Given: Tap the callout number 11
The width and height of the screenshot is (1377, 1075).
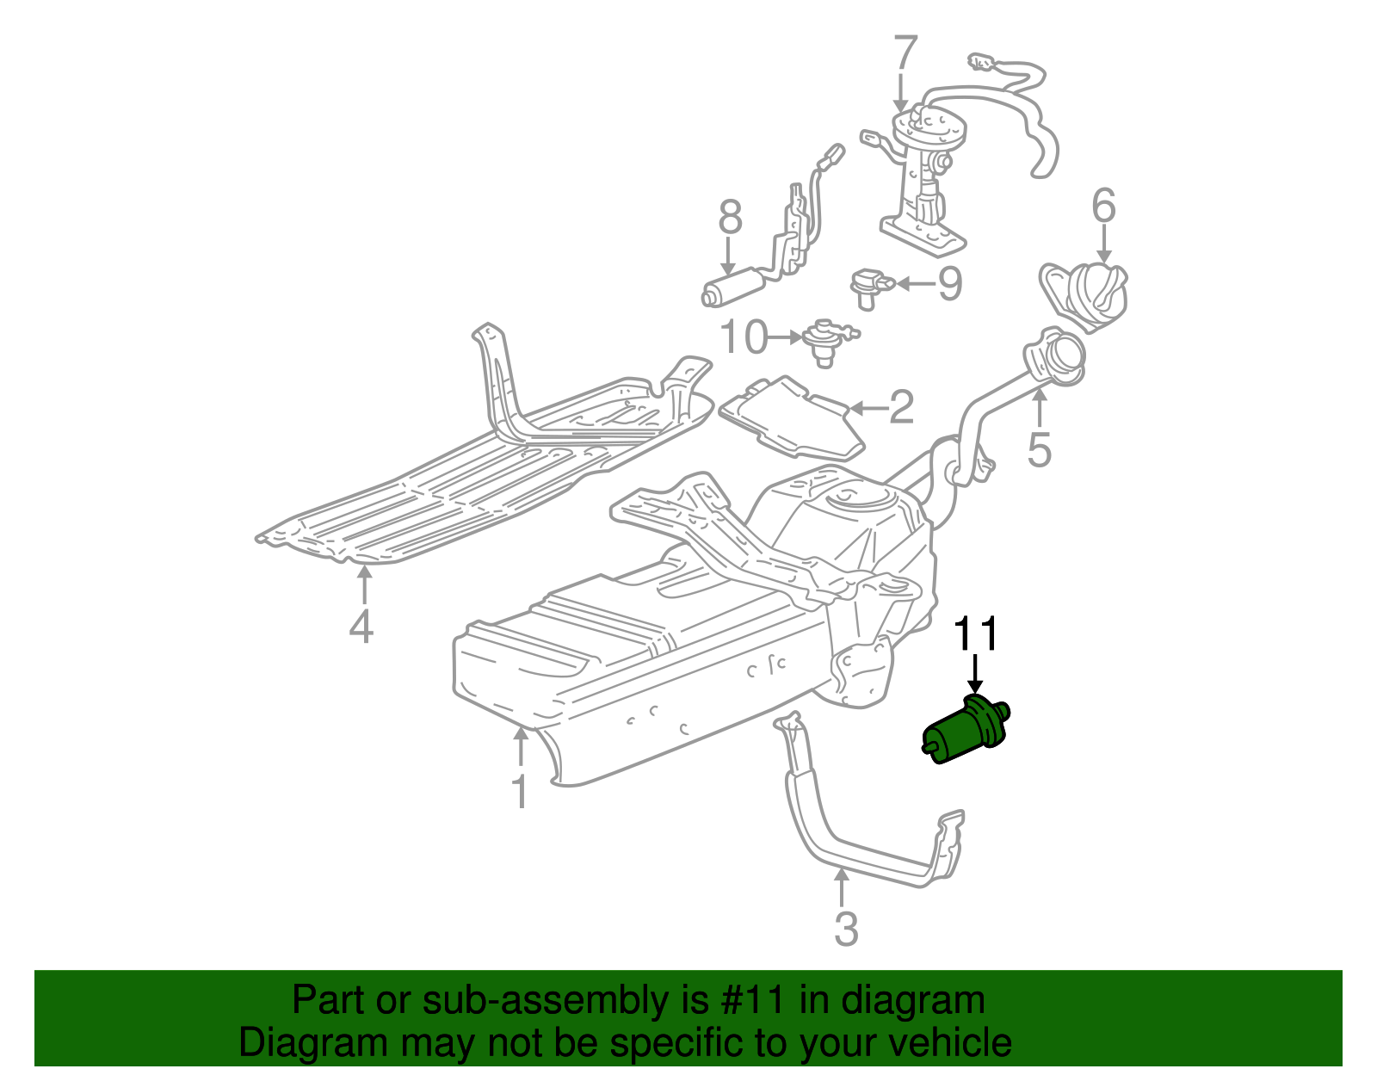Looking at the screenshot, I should pos(975,634).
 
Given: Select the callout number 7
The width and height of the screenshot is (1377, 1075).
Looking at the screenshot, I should pos(905,53).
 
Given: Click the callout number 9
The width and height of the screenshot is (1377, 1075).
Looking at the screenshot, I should pos(949,283).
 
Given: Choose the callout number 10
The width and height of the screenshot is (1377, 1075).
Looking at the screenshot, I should pos(744,337).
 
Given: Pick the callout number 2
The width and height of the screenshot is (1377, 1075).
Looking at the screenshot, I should pos(900,407).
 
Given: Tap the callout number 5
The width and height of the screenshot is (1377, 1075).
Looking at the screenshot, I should pos(1040,448).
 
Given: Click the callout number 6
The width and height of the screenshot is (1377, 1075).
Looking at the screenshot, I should pos(1103,207).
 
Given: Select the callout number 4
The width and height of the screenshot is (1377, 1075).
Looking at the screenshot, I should pos(361,626).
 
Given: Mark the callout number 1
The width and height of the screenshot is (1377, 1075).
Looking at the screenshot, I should pos(519,792).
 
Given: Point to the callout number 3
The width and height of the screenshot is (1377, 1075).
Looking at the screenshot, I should pos(846,929).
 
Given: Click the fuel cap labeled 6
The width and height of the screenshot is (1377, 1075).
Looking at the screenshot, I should pos(1086,295).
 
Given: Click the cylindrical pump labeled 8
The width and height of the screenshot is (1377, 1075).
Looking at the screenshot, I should pos(733,287).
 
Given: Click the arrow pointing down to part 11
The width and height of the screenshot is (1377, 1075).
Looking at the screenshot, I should pos(975,674).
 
